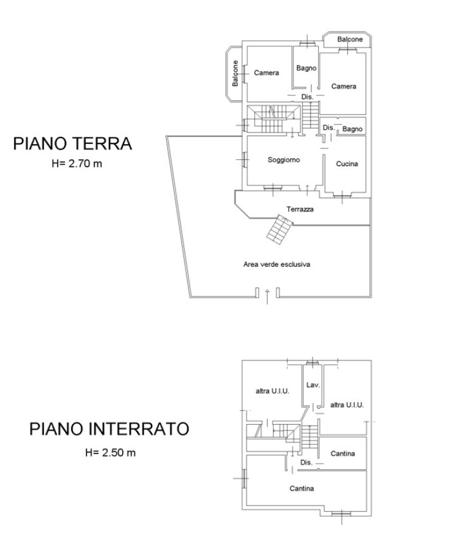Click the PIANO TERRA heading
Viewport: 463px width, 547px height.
[72, 143]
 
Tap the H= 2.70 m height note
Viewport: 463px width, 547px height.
[77, 163]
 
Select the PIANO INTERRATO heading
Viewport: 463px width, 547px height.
[109, 428]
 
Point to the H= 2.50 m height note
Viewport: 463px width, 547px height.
[110, 452]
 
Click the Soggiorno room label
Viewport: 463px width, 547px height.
[284, 160]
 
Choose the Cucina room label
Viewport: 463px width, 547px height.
[347, 163]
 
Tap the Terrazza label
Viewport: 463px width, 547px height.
[300, 209]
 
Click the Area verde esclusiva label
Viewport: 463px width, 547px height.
[277, 264]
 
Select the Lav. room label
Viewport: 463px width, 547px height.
[313, 385]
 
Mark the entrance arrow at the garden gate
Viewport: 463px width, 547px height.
[268, 297]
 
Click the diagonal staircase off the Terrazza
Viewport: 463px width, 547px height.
[279, 229]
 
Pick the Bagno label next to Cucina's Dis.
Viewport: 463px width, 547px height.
[352, 129]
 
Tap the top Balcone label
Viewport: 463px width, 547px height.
[350, 39]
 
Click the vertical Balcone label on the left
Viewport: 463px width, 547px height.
[235, 74]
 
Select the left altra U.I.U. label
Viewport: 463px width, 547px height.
[273, 391]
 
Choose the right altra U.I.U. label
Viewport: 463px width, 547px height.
[347, 405]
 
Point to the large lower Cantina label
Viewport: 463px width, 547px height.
[302, 489]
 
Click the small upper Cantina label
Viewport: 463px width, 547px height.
[343, 453]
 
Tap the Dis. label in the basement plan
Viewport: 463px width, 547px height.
[306, 463]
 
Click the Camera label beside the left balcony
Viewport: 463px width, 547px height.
[266, 72]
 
